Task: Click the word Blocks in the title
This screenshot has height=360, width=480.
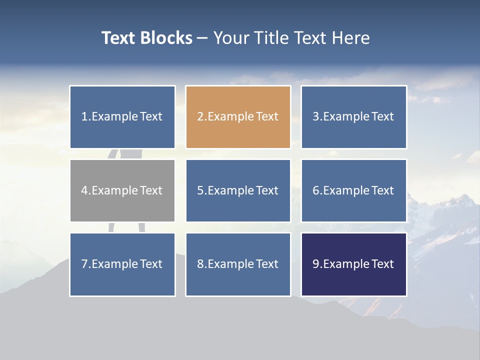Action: [x=166, y=38]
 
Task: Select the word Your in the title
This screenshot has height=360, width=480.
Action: [x=231, y=38]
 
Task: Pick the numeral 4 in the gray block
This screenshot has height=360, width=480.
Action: [x=84, y=190]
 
